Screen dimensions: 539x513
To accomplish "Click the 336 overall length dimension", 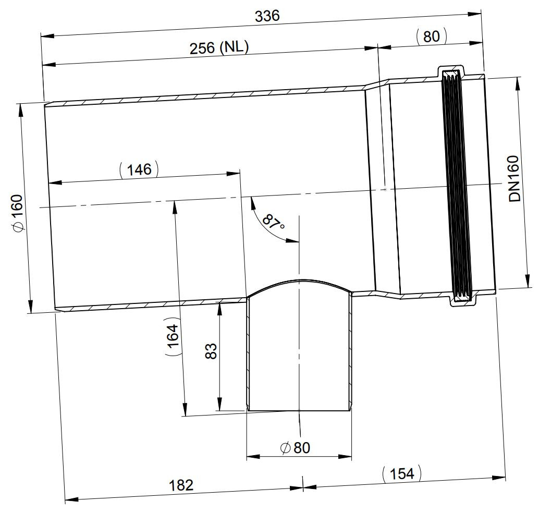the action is pos(267,16).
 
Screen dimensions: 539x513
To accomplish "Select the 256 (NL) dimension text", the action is pos(219,47).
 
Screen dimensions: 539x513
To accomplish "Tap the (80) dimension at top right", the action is pos(431,36).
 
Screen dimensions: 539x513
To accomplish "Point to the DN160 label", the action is pos(514,178).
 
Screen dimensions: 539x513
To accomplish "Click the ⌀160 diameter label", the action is pos(17,213).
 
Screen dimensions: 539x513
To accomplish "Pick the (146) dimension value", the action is pos(139,169).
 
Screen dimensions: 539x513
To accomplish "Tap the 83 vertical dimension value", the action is pos(211,351).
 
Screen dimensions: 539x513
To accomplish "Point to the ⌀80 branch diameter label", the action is pos(295,448).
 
